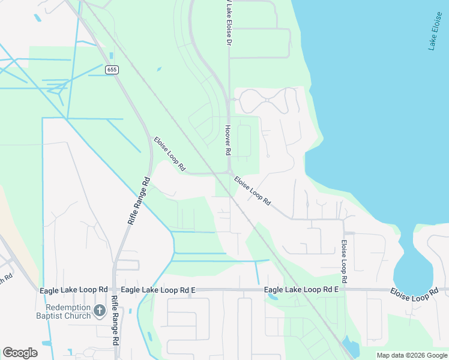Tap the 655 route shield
pyautogui.click(x=112, y=70)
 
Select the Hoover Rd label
pyautogui.click(x=228, y=140)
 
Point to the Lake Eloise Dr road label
pyautogui.click(x=228, y=24)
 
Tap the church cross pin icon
pyautogui.click(x=100, y=311)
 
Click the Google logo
pyautogui.click(x=20, y=353)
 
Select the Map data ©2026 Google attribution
pyautogui.click(x=412, y=355)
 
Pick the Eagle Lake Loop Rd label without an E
pyautogui.click(x=74, y=290)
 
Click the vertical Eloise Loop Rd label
pyautogui.click(x=345, y=262)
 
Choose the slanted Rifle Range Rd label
pyautogui.click(x=138, y=201)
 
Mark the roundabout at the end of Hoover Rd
pyautogui.click(x=230, y=173)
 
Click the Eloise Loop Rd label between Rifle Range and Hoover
pyautogui.click(x=169, y=155)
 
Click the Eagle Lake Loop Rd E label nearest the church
pyautogui.click(x=158, y=290)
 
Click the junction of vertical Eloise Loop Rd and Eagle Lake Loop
pyautogui.click(x=345, y=289)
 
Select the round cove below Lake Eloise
pyautogui.click(x=414, y=274)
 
